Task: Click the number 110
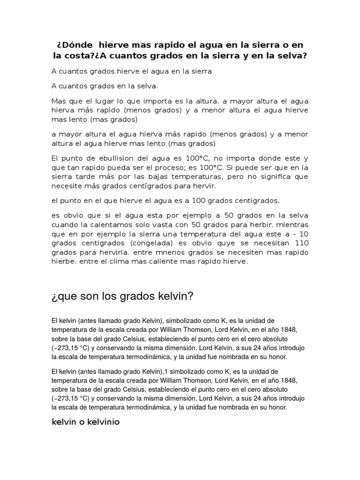point(300,243)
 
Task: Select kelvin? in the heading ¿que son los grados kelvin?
point(173,297)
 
